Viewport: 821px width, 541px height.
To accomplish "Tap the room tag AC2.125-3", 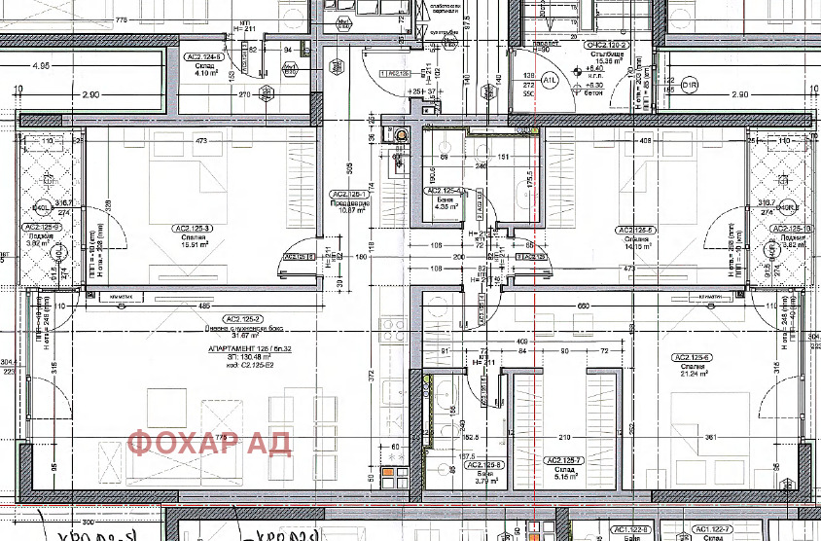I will pos(194,229).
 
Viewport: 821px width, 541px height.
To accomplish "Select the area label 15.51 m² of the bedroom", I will pos(194,244).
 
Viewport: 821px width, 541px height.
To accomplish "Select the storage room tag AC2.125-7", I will pos(564,460).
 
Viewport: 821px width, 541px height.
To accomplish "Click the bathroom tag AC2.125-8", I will pos(484,465).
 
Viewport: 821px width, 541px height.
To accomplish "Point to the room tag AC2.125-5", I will pos(638,230).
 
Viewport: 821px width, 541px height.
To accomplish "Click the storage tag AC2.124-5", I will pos(204,57).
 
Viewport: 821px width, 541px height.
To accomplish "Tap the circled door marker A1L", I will pos(549,80).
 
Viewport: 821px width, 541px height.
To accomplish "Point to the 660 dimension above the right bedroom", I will pos(584,307).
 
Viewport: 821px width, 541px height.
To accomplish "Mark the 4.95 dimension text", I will pos(41,66).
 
